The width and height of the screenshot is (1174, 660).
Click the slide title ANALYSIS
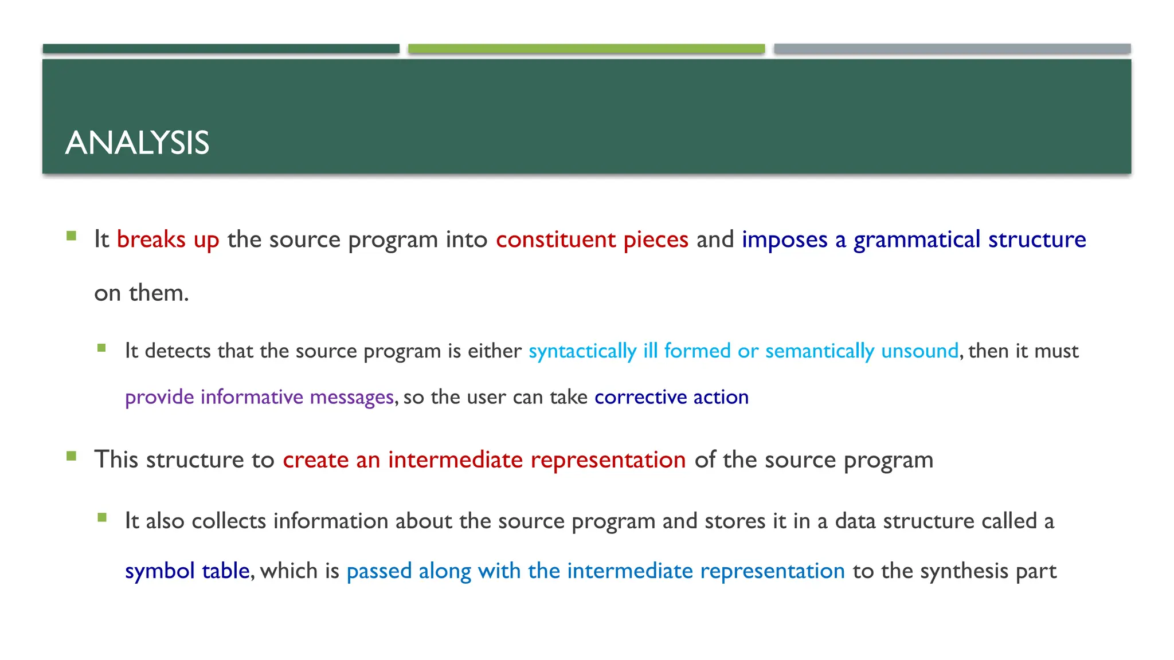click(138, 143)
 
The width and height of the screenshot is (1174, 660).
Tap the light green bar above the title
click(586, 49)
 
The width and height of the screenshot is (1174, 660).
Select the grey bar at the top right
click(952, 49)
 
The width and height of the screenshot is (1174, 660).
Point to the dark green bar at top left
click(221, 49)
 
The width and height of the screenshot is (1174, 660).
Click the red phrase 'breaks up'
click(168, 240)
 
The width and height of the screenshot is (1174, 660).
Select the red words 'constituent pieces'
click(592, 239)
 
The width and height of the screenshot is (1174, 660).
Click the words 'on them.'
click(142, 293)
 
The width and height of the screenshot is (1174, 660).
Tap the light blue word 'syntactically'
click(582, 351)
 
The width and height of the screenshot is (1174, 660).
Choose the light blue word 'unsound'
click(919, 351)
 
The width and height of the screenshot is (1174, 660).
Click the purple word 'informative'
click(252, 396)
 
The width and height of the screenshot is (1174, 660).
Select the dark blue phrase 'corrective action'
click(671, 396)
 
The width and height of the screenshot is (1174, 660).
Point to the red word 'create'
click(315, 459)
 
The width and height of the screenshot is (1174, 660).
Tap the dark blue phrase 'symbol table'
click(187, 571)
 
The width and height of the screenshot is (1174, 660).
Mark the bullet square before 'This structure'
click(71, 456)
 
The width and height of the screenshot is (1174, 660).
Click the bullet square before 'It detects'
click(102, 348)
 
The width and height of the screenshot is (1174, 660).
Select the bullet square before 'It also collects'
click(102, 518)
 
